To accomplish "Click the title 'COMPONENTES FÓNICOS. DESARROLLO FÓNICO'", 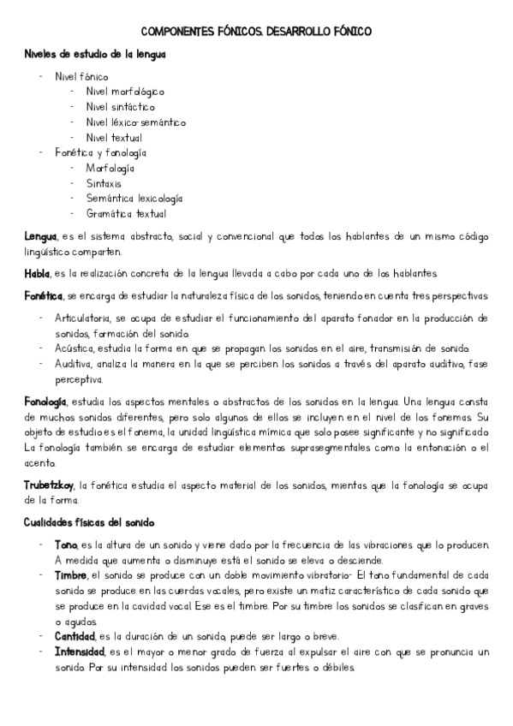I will (x=255, y=31).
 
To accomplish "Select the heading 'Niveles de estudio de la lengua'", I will (x=95, y=54).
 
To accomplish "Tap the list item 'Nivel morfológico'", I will (x=125, y=92).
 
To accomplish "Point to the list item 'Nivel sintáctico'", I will (x=121, y=107).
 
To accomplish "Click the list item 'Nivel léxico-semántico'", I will (x=135, y=122).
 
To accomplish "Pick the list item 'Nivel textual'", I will (x=114, y=138).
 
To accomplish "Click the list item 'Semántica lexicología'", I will (x=134, y=199).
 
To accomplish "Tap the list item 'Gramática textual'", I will (x=126, y=214).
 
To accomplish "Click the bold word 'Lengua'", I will (x=41, y=236).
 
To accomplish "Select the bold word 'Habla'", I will (x=38, y=274).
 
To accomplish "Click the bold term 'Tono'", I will (x=65, y=545).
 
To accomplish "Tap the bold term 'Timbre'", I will (x=71, y=575).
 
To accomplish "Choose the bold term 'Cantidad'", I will (x=75, y=636).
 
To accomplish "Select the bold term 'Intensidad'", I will (x=78, y=652).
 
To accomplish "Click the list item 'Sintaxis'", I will (x=104, y=183).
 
